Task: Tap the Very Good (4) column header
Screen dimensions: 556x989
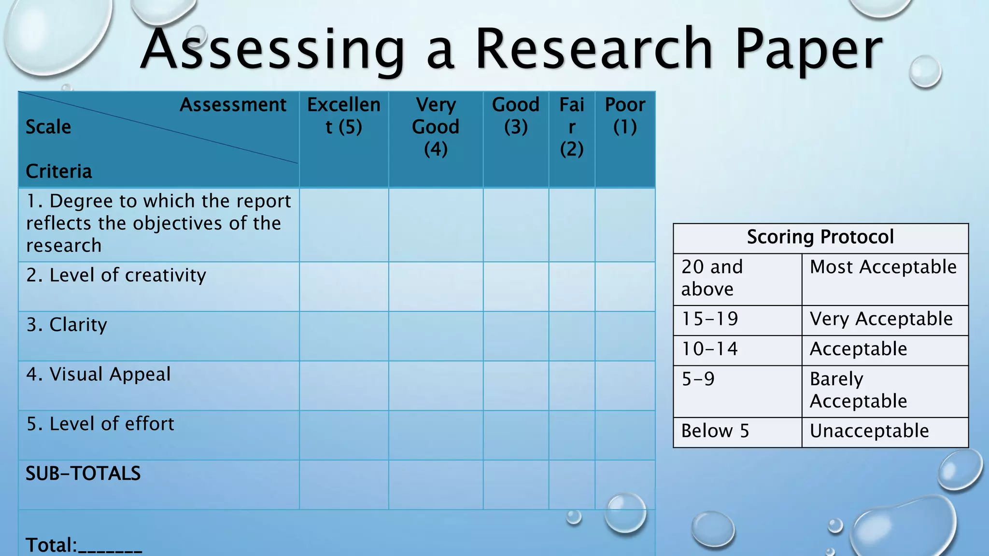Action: pyautogui.click(x=436, y=127)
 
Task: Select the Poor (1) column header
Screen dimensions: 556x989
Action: pyautogui.click(x=625, y=116)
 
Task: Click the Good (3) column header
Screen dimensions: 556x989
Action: pyautogui.click(x=516, y=116)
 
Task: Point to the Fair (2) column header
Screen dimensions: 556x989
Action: pyautogui.click(x=572, y=127)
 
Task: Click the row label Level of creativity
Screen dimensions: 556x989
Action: pyautogui.click(x=116, y=275)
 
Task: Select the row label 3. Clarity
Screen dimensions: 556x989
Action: pyautogui.click(x=67, y=325)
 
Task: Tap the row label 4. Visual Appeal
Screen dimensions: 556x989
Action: pyautogui.click(x=99, y=375)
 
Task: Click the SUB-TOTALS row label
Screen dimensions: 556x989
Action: pyautogui.click(x=83, y=473)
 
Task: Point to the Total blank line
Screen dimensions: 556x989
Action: pyautogui.click(x=110, y=548)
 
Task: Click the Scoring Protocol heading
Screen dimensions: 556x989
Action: pyautogui.click(x=820, y=237)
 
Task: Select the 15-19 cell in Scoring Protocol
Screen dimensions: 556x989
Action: pyautogui.click(x=710, y=319)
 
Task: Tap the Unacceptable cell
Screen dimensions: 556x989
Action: pyautogui.click(x=869, y=431)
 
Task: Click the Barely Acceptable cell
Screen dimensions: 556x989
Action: pyautogui.click(x=858, y=390)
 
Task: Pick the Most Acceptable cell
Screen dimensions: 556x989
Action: pyautogui.click(x=883, y=267)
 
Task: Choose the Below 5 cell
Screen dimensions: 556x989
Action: pyautogui.click(x=715, y=431)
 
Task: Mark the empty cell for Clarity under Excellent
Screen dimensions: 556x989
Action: pyautogui.click(x=344, y=336)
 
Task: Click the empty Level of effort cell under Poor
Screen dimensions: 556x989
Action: pyautogui.click(x=625, y=435)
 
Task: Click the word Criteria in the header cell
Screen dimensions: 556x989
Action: pyautogui.click(x=58, y=171)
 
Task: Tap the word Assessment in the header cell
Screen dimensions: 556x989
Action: pyautogui.click(x=233, y=105)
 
